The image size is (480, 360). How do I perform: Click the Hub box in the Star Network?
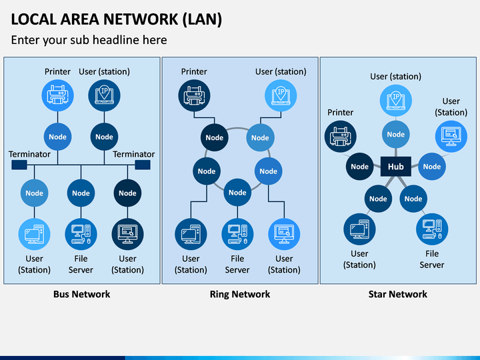tap(395, 166)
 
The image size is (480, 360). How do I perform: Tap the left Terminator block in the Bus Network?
tap(19, 165)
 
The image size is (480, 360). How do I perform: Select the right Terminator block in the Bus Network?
tap(143, 165)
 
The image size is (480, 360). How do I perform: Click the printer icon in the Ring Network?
tap(194, 95)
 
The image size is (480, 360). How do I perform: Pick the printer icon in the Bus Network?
tap(57, 95)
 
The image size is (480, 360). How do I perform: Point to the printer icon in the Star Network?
tap(341, 137)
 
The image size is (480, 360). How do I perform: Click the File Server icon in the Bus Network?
tap(81, 234)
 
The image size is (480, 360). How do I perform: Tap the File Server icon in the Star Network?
tap(432, 229)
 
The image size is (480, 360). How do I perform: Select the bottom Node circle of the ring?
tap(237, 192)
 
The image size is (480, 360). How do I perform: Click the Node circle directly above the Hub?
tap(395, 134)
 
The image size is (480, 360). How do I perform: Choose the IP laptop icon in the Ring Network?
tap(281, 95)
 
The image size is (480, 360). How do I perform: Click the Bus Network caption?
tap(82, 294)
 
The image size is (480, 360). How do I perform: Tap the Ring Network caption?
tap(240, 294)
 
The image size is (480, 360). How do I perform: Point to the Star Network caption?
tap(397, 294)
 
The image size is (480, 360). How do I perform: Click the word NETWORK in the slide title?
tap(141, 19)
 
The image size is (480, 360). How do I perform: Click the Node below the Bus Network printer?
tap(57, 137)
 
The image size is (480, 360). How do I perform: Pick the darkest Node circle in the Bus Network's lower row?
tap(127, 193)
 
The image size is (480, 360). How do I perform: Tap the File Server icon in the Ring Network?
tap(237, 234)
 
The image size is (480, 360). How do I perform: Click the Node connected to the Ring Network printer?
tap(214, 137)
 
